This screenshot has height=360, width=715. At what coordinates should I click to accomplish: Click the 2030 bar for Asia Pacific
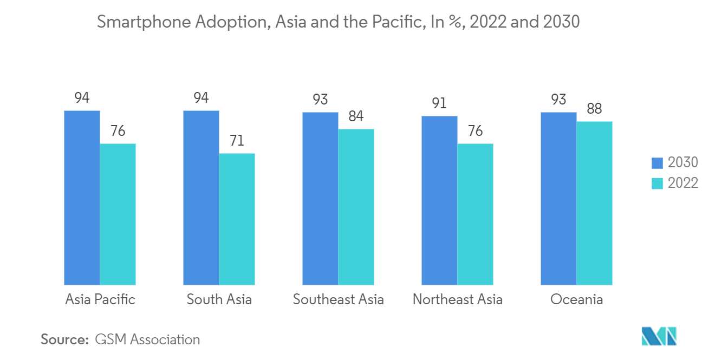[82, 198]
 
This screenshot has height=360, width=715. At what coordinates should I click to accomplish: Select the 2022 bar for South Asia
[237, 219]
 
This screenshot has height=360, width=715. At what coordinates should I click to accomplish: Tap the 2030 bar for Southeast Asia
[320, 198]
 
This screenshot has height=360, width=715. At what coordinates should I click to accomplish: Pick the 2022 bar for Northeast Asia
[475, 214]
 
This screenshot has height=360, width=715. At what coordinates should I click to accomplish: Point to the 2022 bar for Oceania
[594, 203]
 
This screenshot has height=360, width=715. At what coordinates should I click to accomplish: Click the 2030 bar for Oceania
[558, 198]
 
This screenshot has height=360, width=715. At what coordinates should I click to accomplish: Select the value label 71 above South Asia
[237, 141]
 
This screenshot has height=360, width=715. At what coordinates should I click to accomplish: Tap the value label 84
[356, 117]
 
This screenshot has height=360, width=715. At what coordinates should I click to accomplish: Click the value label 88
[594, 109]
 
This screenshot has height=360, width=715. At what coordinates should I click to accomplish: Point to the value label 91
[439, 103]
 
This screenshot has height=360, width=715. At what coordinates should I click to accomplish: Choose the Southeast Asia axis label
[338, 299]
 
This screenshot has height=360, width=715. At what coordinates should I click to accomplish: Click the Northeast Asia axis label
[457, 299]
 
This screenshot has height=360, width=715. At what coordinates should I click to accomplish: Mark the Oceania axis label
[576, 299]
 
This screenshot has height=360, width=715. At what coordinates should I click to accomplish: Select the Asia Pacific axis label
[100, 299]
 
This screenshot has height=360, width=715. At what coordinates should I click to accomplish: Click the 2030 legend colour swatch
[657, 162]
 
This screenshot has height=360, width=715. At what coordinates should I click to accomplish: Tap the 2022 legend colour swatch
[657, 183]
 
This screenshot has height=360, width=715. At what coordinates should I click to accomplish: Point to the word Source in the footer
[63, 339]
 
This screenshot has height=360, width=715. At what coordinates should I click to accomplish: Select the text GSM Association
[147, 339]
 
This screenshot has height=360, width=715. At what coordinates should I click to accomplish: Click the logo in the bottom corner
[659, 336]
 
